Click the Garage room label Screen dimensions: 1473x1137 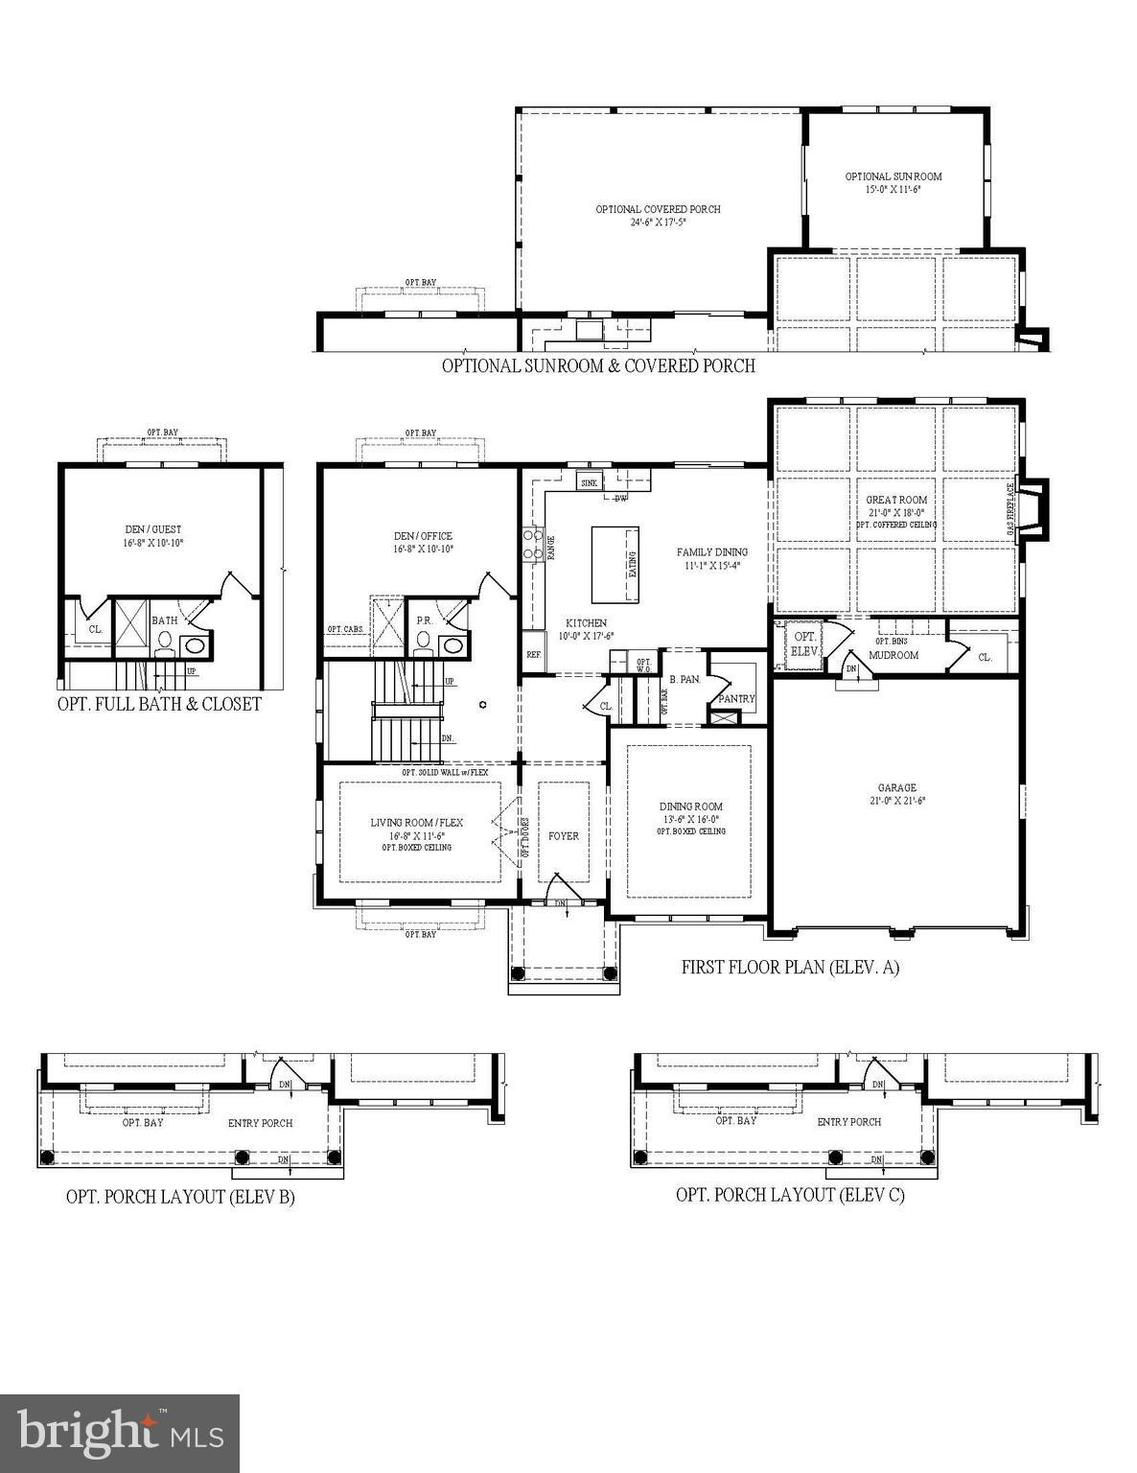click(896, 787)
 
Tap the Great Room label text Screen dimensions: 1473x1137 click(896, 500)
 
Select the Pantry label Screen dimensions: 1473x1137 click(736, 698)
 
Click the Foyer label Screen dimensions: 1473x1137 click(564, 835)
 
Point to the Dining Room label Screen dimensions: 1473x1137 click(690, 807)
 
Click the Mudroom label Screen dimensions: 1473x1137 click(893, 655)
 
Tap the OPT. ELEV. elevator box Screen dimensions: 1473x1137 click(804, 643)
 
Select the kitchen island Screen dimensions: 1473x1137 click(615, 564)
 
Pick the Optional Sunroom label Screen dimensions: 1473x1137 click(893, 176)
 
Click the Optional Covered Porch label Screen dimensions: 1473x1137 click(658, 209)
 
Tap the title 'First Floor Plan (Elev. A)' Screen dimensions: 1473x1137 click(790, 968)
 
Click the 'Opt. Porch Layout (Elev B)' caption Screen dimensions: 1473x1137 click(180, 1196)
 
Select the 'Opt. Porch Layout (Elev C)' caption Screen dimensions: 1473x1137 click(790, 1194)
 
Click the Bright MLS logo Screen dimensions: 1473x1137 click(120, 1433)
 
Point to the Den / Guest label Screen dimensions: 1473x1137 click(152, 529)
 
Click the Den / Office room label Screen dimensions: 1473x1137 click(422, 536)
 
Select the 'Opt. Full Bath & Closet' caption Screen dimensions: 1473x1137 click(159, 703)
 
